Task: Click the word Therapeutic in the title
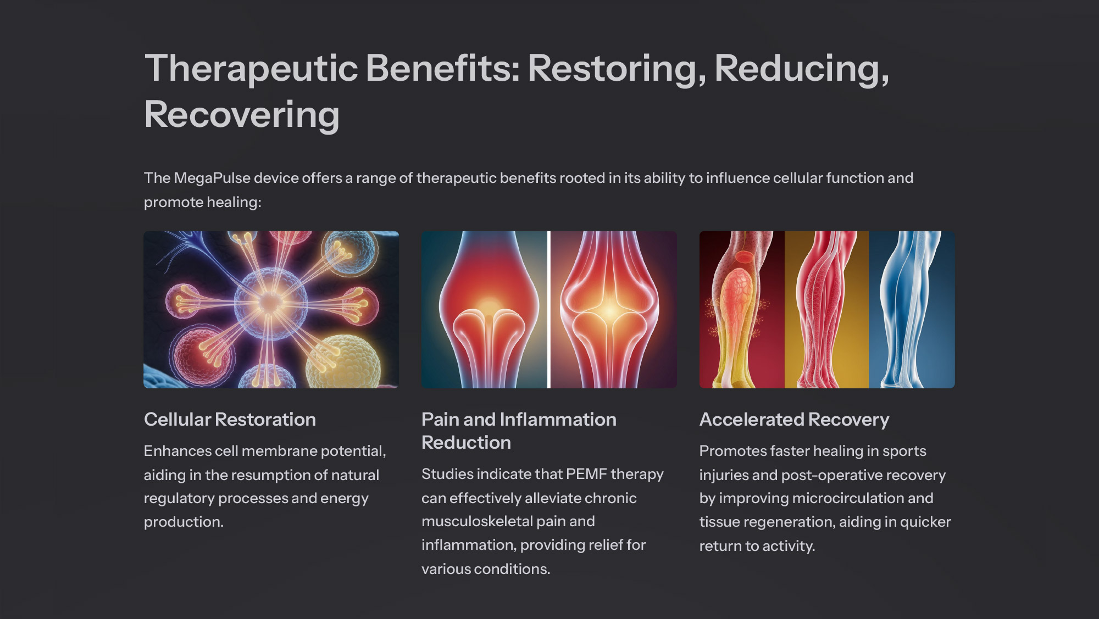[252, 69]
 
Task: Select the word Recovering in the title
[242, 115]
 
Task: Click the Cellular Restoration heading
[230, 420]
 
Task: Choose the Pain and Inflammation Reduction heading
[519, 431]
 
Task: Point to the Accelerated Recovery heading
[794, 420]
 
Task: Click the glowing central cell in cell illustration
[270, 302]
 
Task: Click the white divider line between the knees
[548, 310]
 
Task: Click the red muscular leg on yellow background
[824, 310]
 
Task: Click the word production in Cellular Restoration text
[184, 522]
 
